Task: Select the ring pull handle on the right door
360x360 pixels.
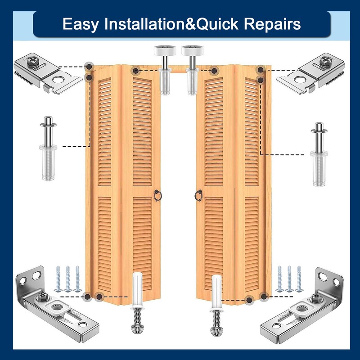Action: pos(198,195)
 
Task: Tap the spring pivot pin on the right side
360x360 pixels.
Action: pos(319,153)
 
